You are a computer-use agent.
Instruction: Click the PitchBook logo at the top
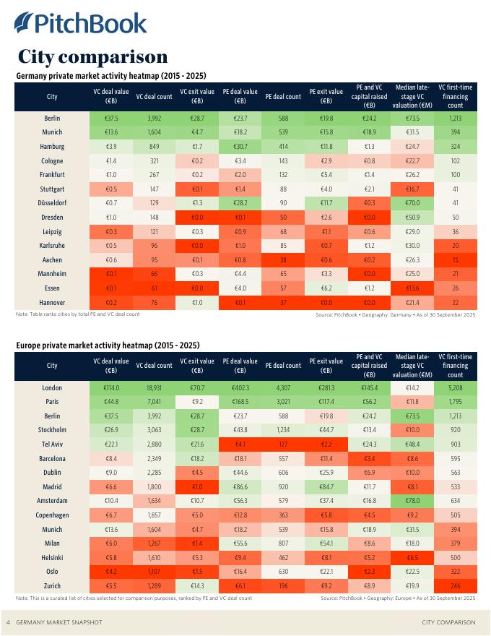(80, 23)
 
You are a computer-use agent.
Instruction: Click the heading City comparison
(92, 56)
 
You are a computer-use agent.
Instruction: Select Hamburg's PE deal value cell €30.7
(240, 147)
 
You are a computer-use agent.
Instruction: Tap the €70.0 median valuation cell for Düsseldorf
(412, 203)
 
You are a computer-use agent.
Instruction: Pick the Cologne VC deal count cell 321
(154, 160)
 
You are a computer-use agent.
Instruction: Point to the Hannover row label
(52, 302)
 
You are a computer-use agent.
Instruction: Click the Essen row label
(52, 288)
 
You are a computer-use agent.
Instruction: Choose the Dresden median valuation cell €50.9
(412, 217)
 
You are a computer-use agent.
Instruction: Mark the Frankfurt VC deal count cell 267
(154, 175)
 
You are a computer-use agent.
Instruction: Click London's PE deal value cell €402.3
(240, 387)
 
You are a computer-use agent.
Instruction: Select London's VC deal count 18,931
(154, 387)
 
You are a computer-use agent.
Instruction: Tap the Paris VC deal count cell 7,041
(154, 402)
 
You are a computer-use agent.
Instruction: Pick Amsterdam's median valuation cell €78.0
(412, 500)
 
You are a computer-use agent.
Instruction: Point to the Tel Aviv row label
(52, 444)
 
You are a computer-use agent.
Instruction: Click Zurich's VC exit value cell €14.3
(197, 585)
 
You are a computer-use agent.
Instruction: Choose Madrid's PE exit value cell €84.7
(326, 486)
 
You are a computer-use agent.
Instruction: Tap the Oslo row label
(52, 571)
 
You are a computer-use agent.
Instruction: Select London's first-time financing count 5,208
(455, 387)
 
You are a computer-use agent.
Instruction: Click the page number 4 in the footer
(8, 622)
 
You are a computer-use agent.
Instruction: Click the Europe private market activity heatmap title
(108, 345)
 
